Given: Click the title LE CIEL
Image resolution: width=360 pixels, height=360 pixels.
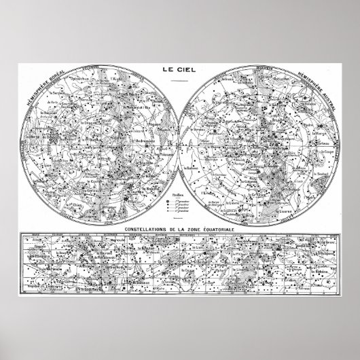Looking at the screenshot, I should click(179, 69).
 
